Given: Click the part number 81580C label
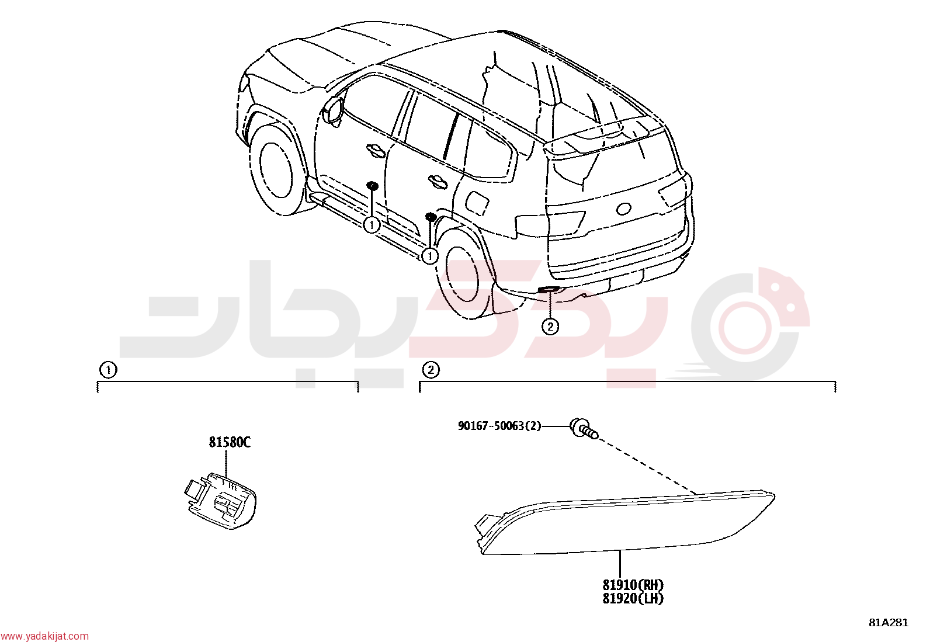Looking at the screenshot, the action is pos(230,443).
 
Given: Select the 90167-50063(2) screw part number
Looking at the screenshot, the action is pos(499,426).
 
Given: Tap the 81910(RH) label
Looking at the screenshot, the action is pos(633,585).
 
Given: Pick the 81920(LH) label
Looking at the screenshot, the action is pos(633,599).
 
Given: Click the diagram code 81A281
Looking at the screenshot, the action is pos(889,623).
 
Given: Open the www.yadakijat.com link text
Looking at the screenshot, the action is pos(44,636).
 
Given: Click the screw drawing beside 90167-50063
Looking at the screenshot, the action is pos(584,428).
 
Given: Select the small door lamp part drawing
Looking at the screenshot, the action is pos(220,501).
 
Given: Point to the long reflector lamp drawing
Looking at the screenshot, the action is pos(625,523).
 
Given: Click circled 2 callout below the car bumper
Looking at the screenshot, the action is pos(550,327).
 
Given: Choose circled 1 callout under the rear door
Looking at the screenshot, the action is pos(430,256).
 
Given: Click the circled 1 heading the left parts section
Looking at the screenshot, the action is pos(108,370).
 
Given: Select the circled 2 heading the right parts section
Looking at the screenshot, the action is pos(431,370).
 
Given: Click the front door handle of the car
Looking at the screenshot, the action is pos(376,150).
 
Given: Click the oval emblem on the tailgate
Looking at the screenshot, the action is pos(623,209).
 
